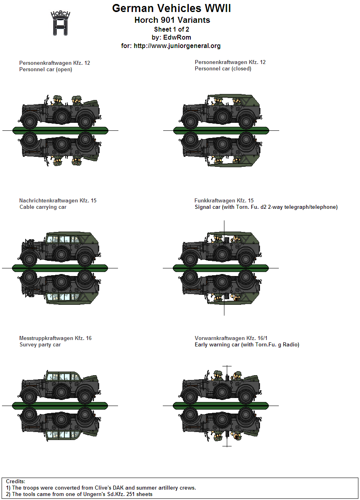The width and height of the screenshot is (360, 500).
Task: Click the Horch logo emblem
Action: (60, 23)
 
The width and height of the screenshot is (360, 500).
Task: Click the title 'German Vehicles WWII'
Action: (171, 8)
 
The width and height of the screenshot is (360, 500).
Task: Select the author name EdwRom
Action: (177, 37)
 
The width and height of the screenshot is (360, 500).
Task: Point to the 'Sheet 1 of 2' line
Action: (172, 29)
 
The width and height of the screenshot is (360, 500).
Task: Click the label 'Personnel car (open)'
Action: (46, 70)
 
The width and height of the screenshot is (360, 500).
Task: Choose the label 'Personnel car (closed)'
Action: (223, 68)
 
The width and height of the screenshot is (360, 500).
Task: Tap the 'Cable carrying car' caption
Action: (43, 207)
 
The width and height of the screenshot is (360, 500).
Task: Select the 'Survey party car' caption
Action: (40, 344)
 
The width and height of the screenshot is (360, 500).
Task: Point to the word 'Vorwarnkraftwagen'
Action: (220, 338)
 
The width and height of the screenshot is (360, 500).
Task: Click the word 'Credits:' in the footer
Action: (15, 481)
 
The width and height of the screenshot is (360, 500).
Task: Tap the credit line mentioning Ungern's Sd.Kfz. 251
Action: (79, 494)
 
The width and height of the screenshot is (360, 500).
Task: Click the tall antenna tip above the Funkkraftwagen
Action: (224, 221)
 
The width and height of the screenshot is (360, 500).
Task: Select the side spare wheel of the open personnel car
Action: (62, 116)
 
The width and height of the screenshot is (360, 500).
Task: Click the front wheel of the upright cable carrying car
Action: (29, 259)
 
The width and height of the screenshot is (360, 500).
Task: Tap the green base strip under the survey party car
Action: (60, 406)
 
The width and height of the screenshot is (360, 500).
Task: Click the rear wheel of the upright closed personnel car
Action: (246, 122)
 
